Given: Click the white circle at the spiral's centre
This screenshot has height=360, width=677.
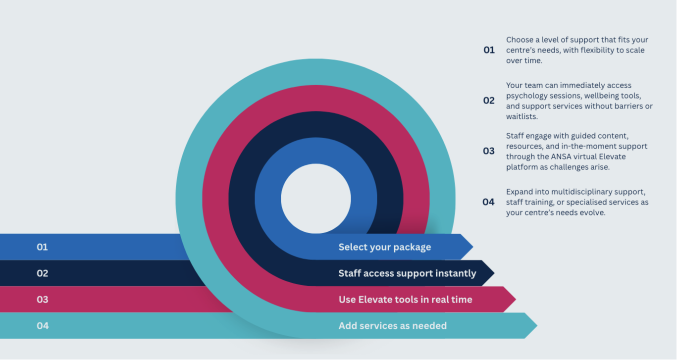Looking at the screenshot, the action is pos(316,199).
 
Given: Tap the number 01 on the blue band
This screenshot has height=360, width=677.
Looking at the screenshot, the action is pos(42,247).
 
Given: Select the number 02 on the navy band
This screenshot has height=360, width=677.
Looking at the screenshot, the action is pos(42,273).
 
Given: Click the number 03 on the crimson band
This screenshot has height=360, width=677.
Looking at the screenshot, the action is pos(42,300).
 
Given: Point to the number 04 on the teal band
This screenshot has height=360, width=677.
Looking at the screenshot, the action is pos(43,326).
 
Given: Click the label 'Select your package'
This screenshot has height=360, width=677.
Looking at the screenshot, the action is pos(385,247).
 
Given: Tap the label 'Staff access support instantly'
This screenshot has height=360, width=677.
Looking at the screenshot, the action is pos(407,273).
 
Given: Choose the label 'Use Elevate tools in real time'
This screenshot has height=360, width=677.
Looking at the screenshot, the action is pos(405,300).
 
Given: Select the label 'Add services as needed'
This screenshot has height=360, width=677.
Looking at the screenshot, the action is pos(393,326).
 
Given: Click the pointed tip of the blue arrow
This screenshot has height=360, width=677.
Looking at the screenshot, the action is pos(473,247).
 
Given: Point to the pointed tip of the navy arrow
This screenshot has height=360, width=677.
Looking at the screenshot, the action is pos(494,273).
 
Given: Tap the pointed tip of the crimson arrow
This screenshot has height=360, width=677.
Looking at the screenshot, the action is pos(516,299).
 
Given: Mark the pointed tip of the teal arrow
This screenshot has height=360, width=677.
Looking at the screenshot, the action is pos(537,325).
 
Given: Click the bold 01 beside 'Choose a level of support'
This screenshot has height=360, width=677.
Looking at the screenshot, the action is pos(489,50).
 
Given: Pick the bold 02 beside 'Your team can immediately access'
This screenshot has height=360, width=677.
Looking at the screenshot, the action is pos(489,101).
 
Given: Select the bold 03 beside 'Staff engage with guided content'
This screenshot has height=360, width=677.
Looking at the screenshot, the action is pos(489,151).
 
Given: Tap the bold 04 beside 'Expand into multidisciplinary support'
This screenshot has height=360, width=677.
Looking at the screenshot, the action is pos(488,202).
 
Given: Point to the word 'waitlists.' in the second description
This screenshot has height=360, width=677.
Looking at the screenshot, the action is pos(522,117).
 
